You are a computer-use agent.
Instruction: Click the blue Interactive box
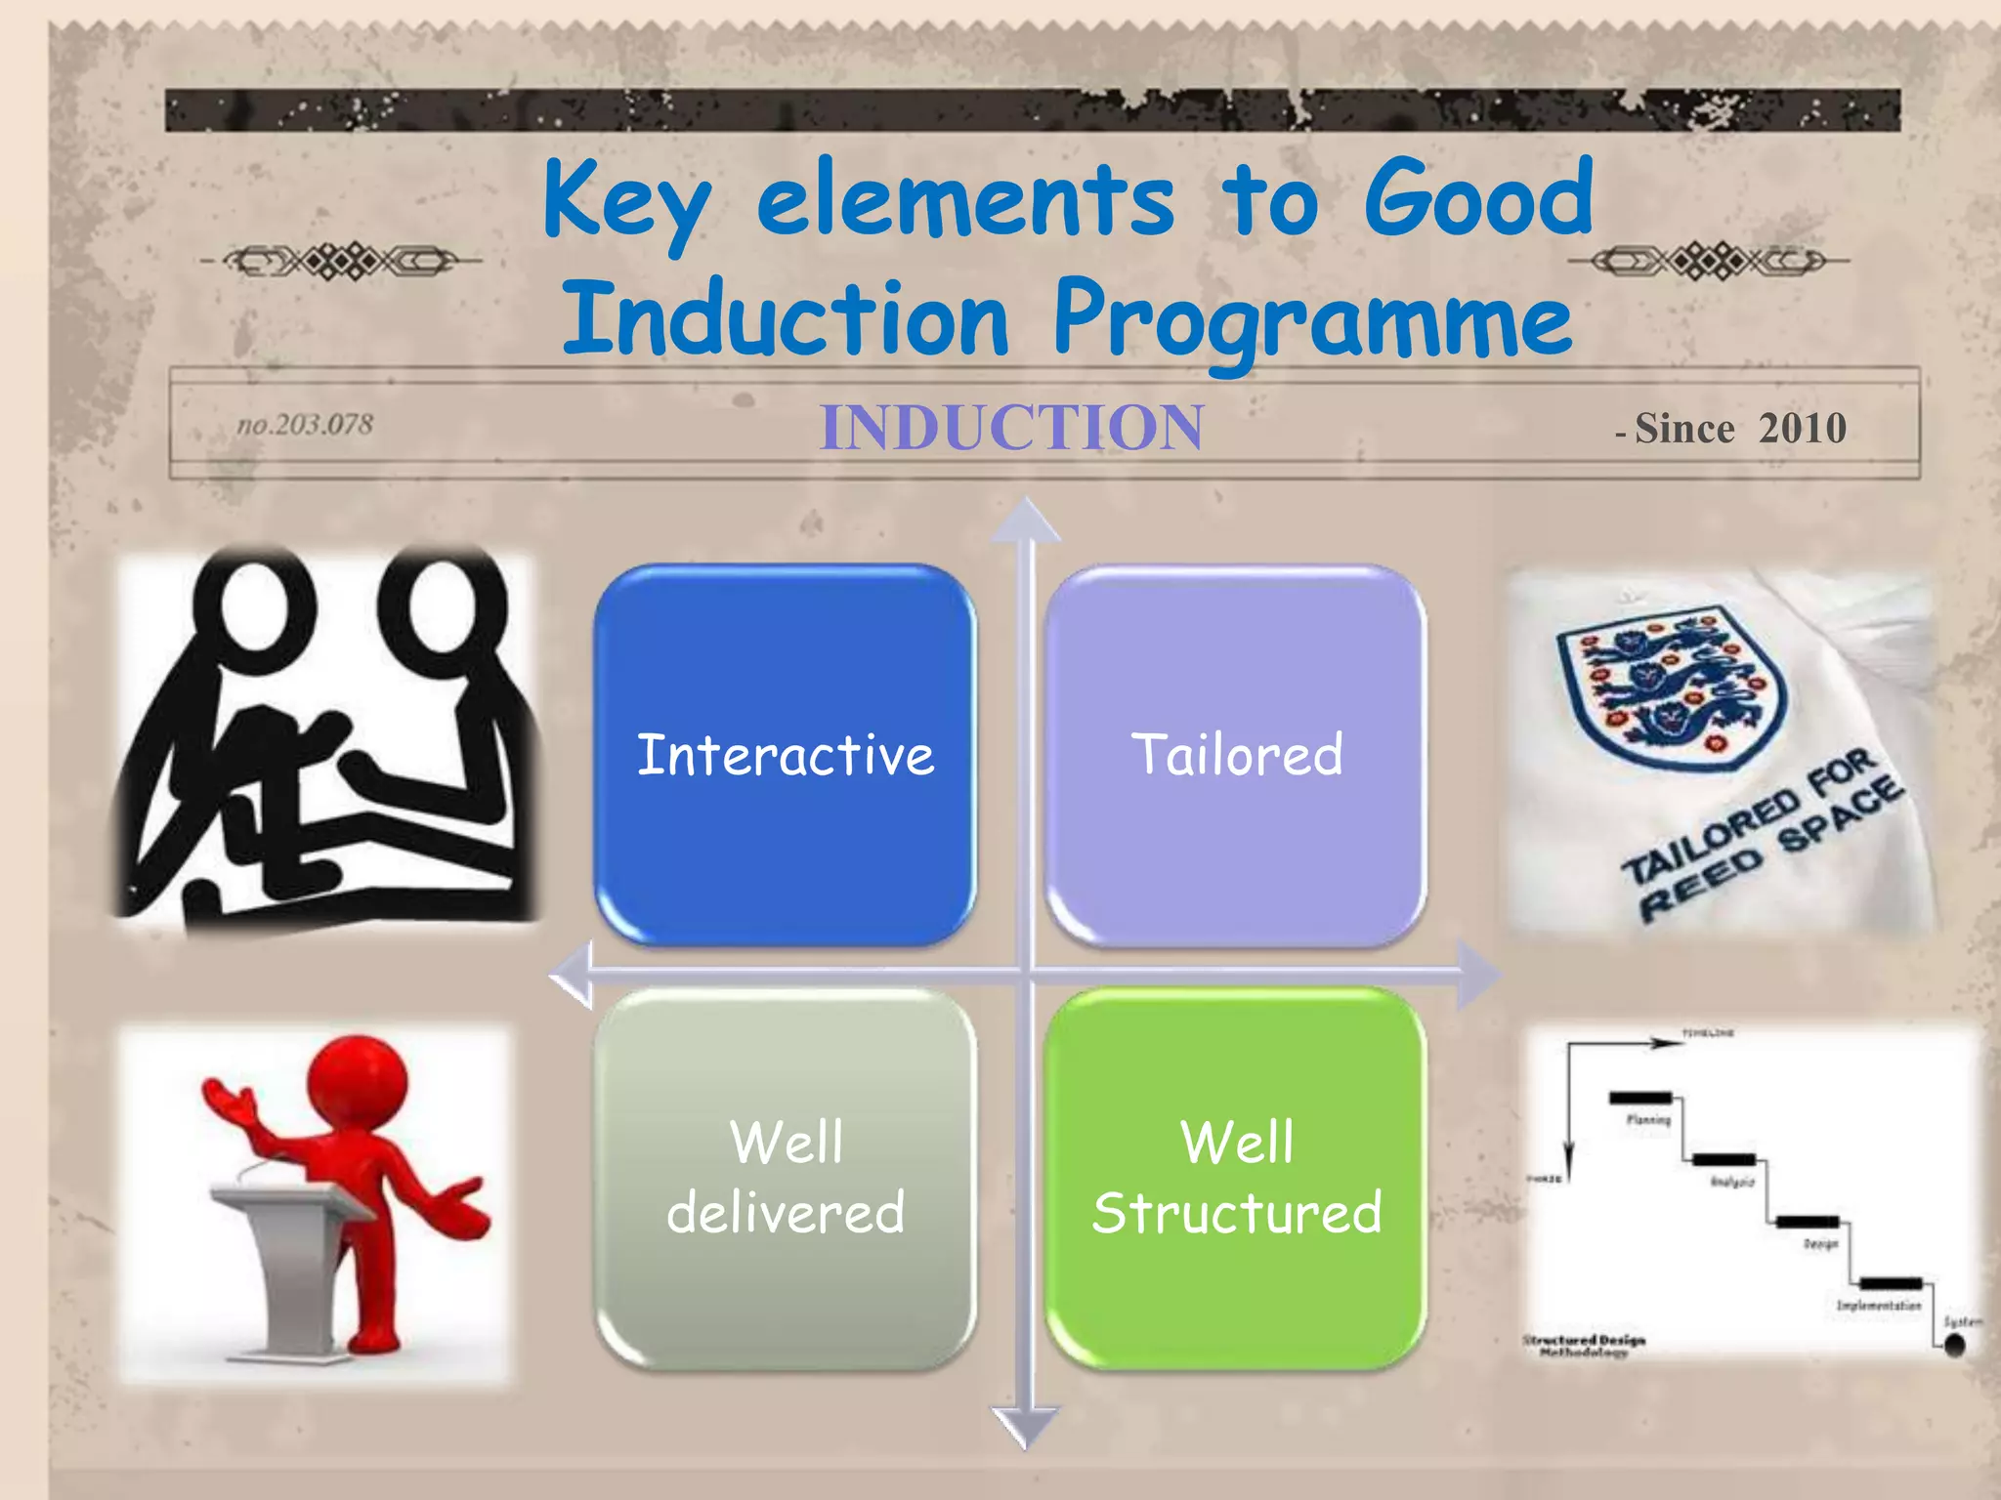[785, 754]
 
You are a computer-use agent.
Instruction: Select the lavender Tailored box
[1236, 754]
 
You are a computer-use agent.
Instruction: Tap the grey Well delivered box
[785, 1178]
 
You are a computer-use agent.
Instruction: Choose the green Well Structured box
[1236, 1178]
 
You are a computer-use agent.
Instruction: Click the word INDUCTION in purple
[1011, 428]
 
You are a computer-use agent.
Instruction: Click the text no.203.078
[305, 425]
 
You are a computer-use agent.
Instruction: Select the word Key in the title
[625, 200]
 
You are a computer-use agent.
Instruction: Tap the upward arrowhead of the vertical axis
[1026, 520]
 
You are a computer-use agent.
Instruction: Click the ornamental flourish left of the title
[341, 261]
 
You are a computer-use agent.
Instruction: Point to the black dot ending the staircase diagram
[1954, 1346]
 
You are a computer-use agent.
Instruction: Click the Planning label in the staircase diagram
[1648, 1119]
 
